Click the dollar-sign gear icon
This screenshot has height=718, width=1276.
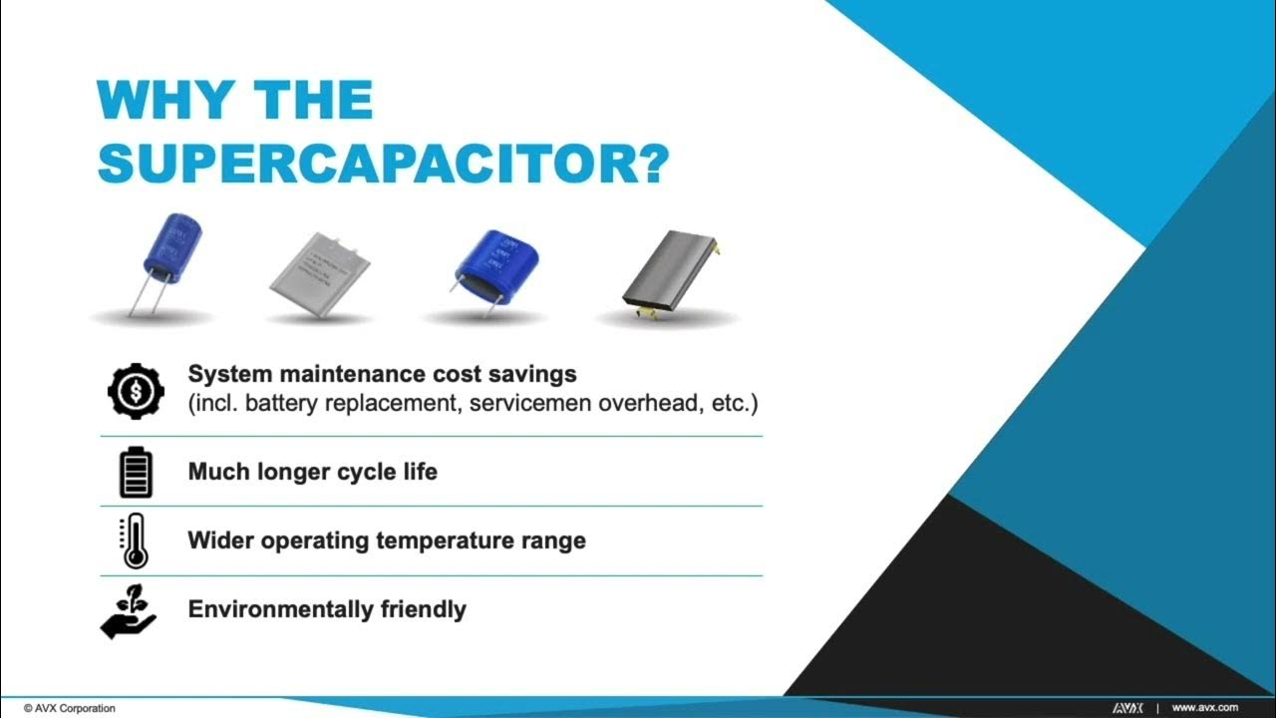point(137,391)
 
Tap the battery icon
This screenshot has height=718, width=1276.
point(136,472)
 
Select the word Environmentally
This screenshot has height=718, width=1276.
point(281,609)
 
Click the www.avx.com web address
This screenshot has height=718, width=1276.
point(1204,707)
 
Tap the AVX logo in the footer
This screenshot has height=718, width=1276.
point(1127,707)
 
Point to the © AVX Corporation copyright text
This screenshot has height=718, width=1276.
point(70,708)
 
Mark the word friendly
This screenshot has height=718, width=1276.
point(424,609)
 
